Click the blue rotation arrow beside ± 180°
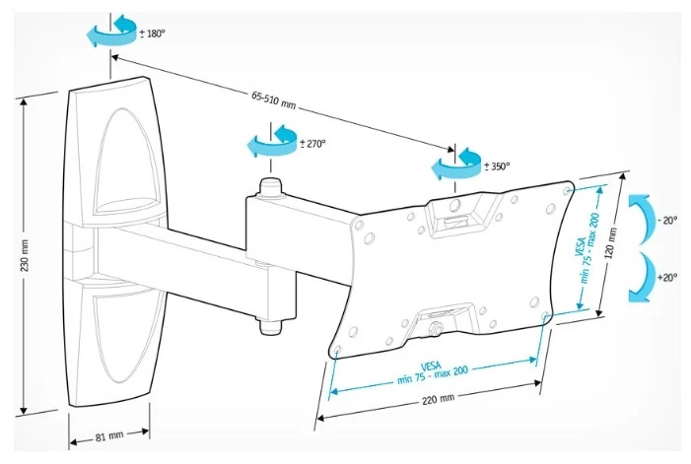pyautogui.click(x=110, y=31)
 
